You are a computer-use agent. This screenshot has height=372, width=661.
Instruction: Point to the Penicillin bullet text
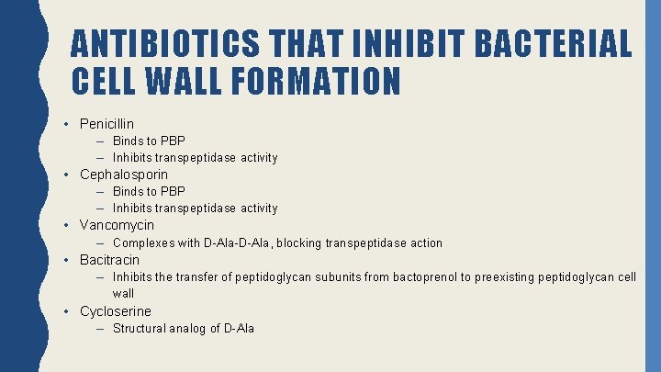tap(106, 123)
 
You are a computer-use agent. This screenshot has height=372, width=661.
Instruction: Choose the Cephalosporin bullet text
tap(124, 175)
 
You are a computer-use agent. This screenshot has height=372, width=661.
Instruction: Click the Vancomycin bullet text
tap(117, 225)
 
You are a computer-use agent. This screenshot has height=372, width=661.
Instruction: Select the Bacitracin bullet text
tap(109, 260)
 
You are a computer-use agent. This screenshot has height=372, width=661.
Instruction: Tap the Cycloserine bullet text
tap(116, 311)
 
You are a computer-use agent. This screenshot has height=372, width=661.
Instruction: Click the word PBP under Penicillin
tap(173, 141)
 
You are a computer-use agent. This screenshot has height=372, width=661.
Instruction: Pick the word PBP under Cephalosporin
tap(173, 191)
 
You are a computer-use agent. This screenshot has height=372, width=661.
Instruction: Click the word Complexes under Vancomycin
tap(143, 243)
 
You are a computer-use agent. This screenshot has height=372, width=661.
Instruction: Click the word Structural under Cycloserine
tap(140, 329)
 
